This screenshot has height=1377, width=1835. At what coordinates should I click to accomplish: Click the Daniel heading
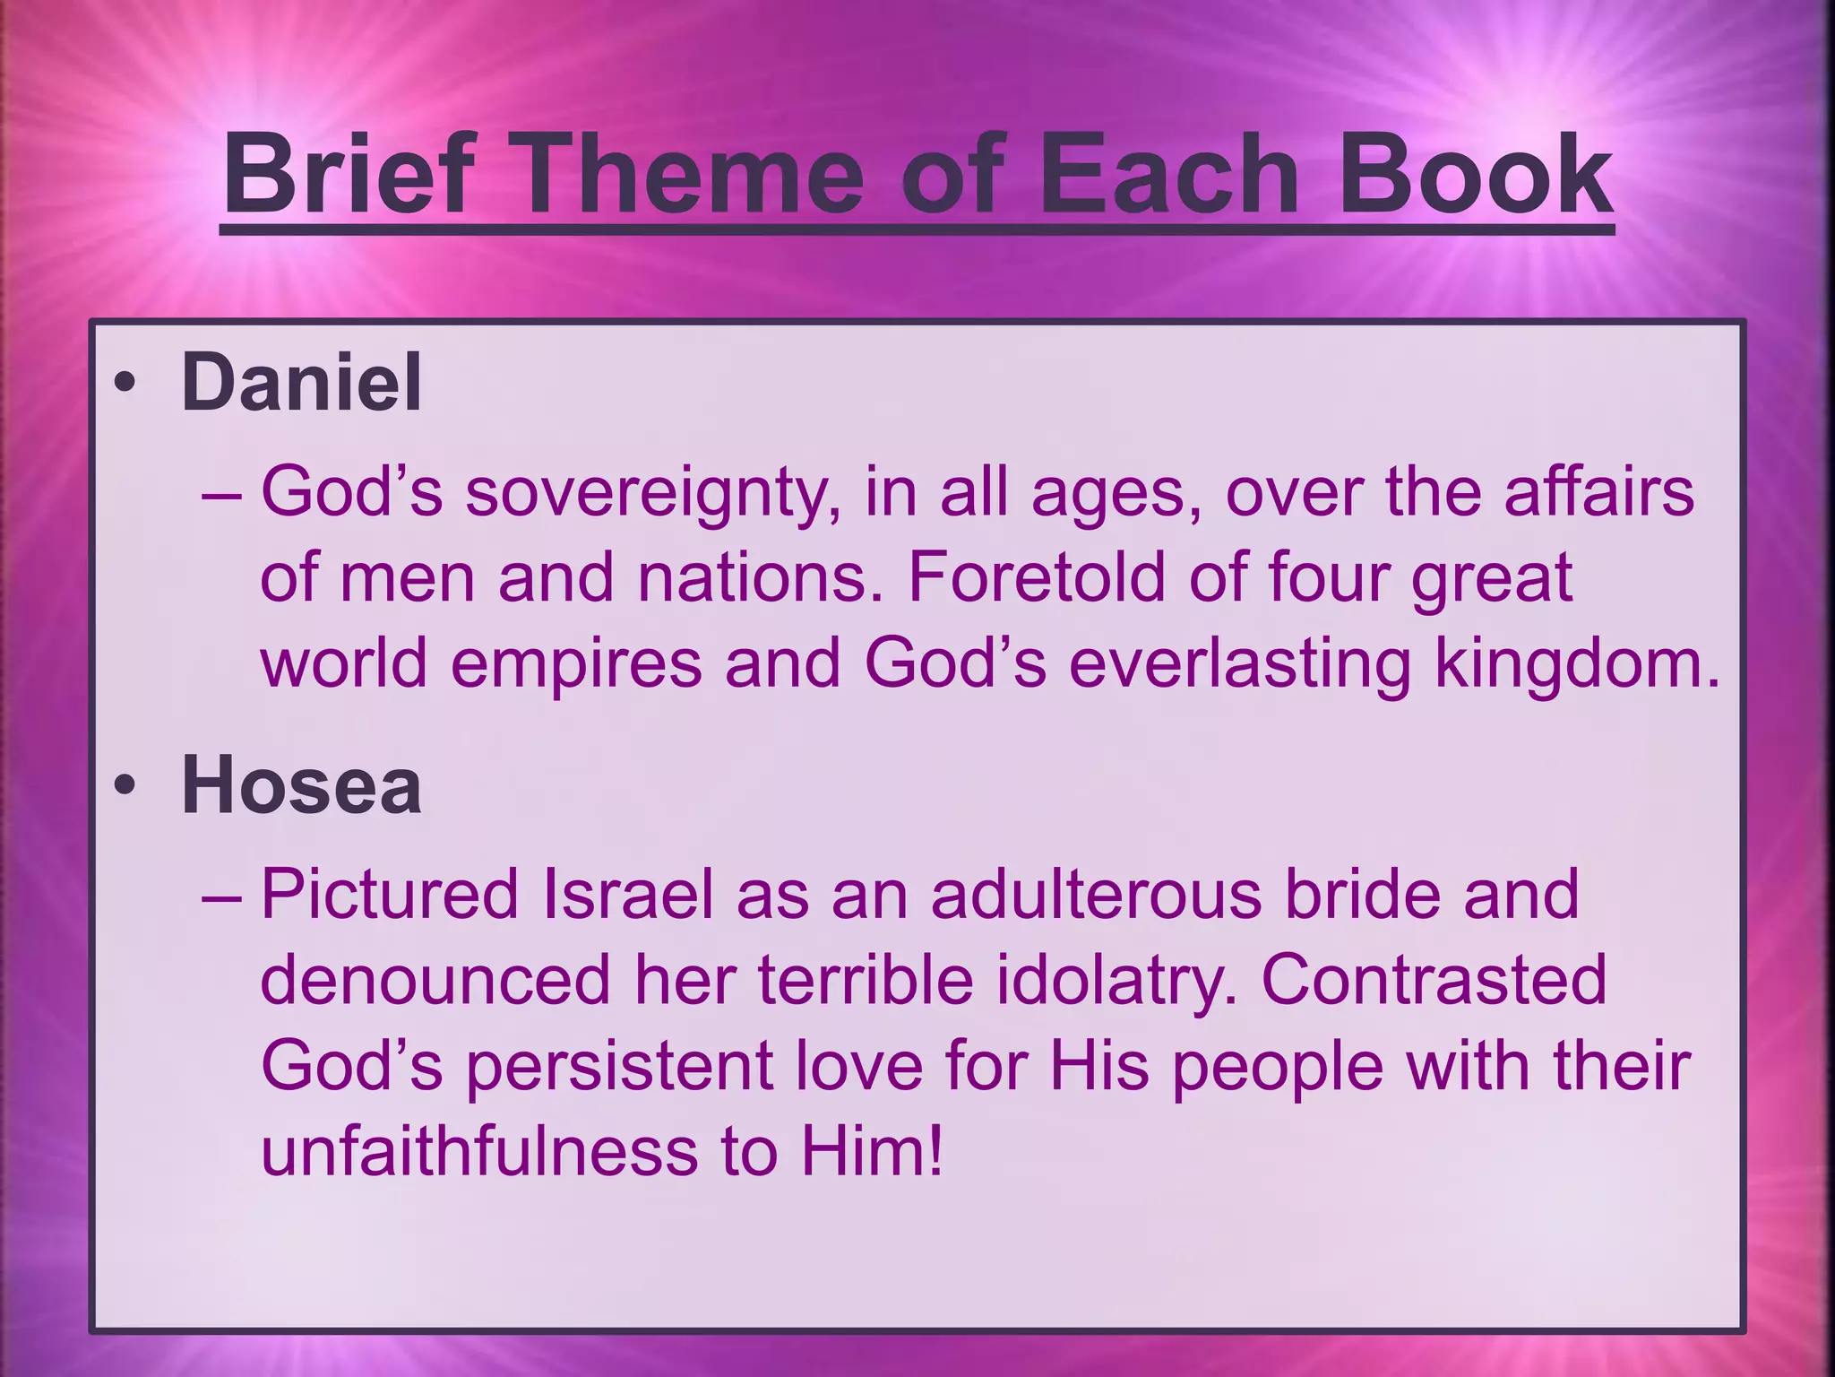coord(301,383)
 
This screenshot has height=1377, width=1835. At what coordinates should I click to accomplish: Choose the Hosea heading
coord(301,786)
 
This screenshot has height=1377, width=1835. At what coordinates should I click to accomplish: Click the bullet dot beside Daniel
coord(125,384)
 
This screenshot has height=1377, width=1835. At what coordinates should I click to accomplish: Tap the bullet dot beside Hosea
coord(125,786)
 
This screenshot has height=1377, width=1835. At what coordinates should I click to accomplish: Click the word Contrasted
coord(1434,979)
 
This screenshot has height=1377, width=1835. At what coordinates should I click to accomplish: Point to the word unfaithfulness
coord(479,1151)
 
